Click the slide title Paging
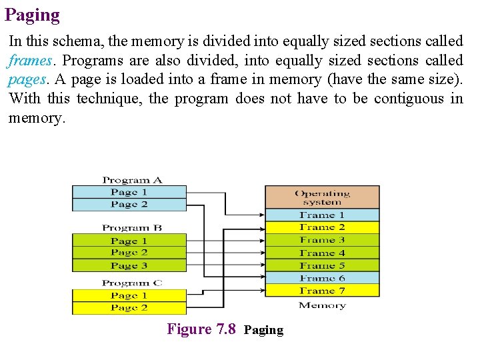pyautogui.click(x=32, y=15)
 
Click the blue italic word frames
pyautogui.click(x=30, y=61)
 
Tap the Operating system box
pyautogui.click(x=322, y=197)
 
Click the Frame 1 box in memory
pyautogui.click(x=322, y=215)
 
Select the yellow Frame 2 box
pyautogui.click(x=322, y=227)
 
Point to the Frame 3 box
pyautogui.click(x=322, y=240)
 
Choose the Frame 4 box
pyautogui.click(x=322, y=253)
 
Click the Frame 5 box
pyautogui.click(x=322, y=265)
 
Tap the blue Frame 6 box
pyautogui.click(x=322, y=278)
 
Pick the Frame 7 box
pyautogui.click(x=322, y=291)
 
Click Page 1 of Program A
pyautogui.click(x=129, y=193)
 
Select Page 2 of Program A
pyautogui.click(x=129, y=205)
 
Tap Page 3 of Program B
pyautogui.click(x=129, y=265)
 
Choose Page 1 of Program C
pyautogui.click(x=129, y=295)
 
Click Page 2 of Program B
pyautogui.click(x=129, y=253)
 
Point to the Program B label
pyautogui.click(x=132, y=228)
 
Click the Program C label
pyautogui.click(x=132, y=283)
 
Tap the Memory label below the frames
pyautogui.click(x=322, y=305)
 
